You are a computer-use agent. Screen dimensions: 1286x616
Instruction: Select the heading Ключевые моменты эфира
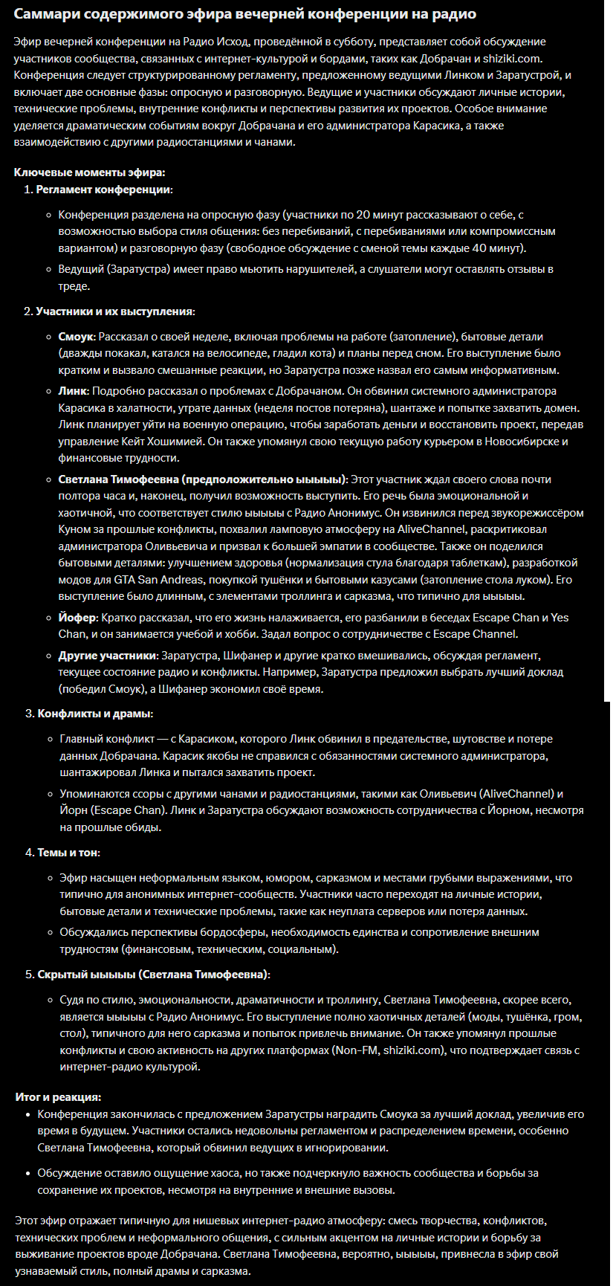[x=89, y=172]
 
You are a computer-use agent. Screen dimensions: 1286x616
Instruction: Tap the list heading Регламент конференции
[x=103, y=190]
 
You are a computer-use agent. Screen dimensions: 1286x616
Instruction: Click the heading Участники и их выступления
[x=114, y=311]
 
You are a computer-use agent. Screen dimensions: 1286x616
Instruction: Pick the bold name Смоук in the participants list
[x=77, y=337]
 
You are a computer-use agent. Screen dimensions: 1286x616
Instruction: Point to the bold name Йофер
[x=77, y=617]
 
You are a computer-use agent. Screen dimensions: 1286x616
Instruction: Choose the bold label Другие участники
[x=107, y=656]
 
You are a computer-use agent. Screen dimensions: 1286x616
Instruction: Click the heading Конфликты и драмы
[x=94, y=713]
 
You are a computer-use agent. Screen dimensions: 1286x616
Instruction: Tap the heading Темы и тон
[x=68, y=852]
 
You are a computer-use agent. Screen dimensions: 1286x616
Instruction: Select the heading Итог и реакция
[x=58, y=1097]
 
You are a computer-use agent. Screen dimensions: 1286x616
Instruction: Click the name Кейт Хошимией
[x=187, y=441]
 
